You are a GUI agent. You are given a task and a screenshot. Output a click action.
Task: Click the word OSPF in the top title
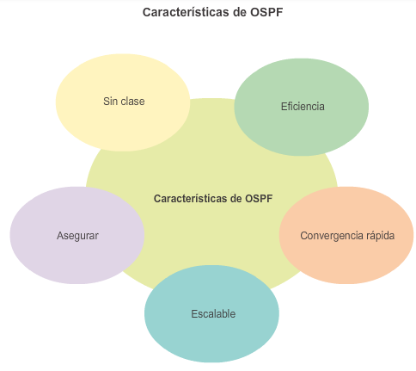pos(266,12)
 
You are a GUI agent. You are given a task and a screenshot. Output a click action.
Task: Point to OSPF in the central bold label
pos(259,199)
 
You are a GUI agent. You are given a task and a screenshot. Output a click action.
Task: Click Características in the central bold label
pos(190,199)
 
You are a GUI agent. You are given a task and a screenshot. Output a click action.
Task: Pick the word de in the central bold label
pos(236,199)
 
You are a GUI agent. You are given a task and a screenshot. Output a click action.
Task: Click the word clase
pos(132,102)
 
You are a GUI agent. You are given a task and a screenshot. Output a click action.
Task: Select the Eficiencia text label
pos(303,107)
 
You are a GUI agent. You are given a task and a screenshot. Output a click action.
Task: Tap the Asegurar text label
pos(77,236)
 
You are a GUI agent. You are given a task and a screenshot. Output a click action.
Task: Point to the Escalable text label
pos(213,314)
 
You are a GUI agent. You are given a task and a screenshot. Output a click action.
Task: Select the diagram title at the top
pos(213,12)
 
